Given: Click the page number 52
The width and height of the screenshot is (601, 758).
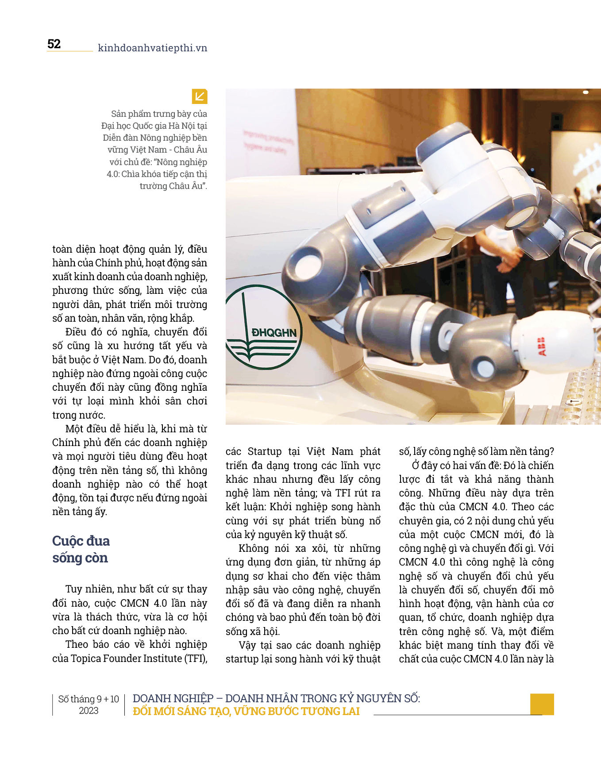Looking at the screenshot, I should point(54,44).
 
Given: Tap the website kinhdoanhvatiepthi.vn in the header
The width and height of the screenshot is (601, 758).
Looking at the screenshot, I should point(152,48).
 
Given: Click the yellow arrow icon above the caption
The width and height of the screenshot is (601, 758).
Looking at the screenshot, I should point(200,96).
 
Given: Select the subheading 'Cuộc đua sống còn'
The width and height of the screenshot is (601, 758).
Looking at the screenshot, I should point(81,549).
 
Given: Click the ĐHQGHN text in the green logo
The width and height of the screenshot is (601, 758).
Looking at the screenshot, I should point(274,333).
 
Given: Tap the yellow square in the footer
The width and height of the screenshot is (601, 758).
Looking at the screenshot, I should point(542,704).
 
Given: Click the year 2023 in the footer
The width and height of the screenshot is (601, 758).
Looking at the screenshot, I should point(89,711).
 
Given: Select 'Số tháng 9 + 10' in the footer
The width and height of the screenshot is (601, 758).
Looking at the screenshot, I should point(89,699).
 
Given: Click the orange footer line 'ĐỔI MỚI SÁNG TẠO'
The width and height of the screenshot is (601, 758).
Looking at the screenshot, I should point(246,711).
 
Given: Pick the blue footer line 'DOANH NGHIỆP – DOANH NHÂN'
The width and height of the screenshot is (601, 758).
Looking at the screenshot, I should point(276,698).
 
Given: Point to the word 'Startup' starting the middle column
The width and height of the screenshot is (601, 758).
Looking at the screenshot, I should point(265,451).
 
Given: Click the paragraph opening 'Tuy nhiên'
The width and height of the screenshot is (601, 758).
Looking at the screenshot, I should point(130,610).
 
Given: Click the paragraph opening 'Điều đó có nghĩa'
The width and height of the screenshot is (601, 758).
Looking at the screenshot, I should point(130,373).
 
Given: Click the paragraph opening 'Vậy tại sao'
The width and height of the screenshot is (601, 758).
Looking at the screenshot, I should point(303,652).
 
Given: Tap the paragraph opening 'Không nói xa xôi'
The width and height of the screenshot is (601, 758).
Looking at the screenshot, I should point(303,589).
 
